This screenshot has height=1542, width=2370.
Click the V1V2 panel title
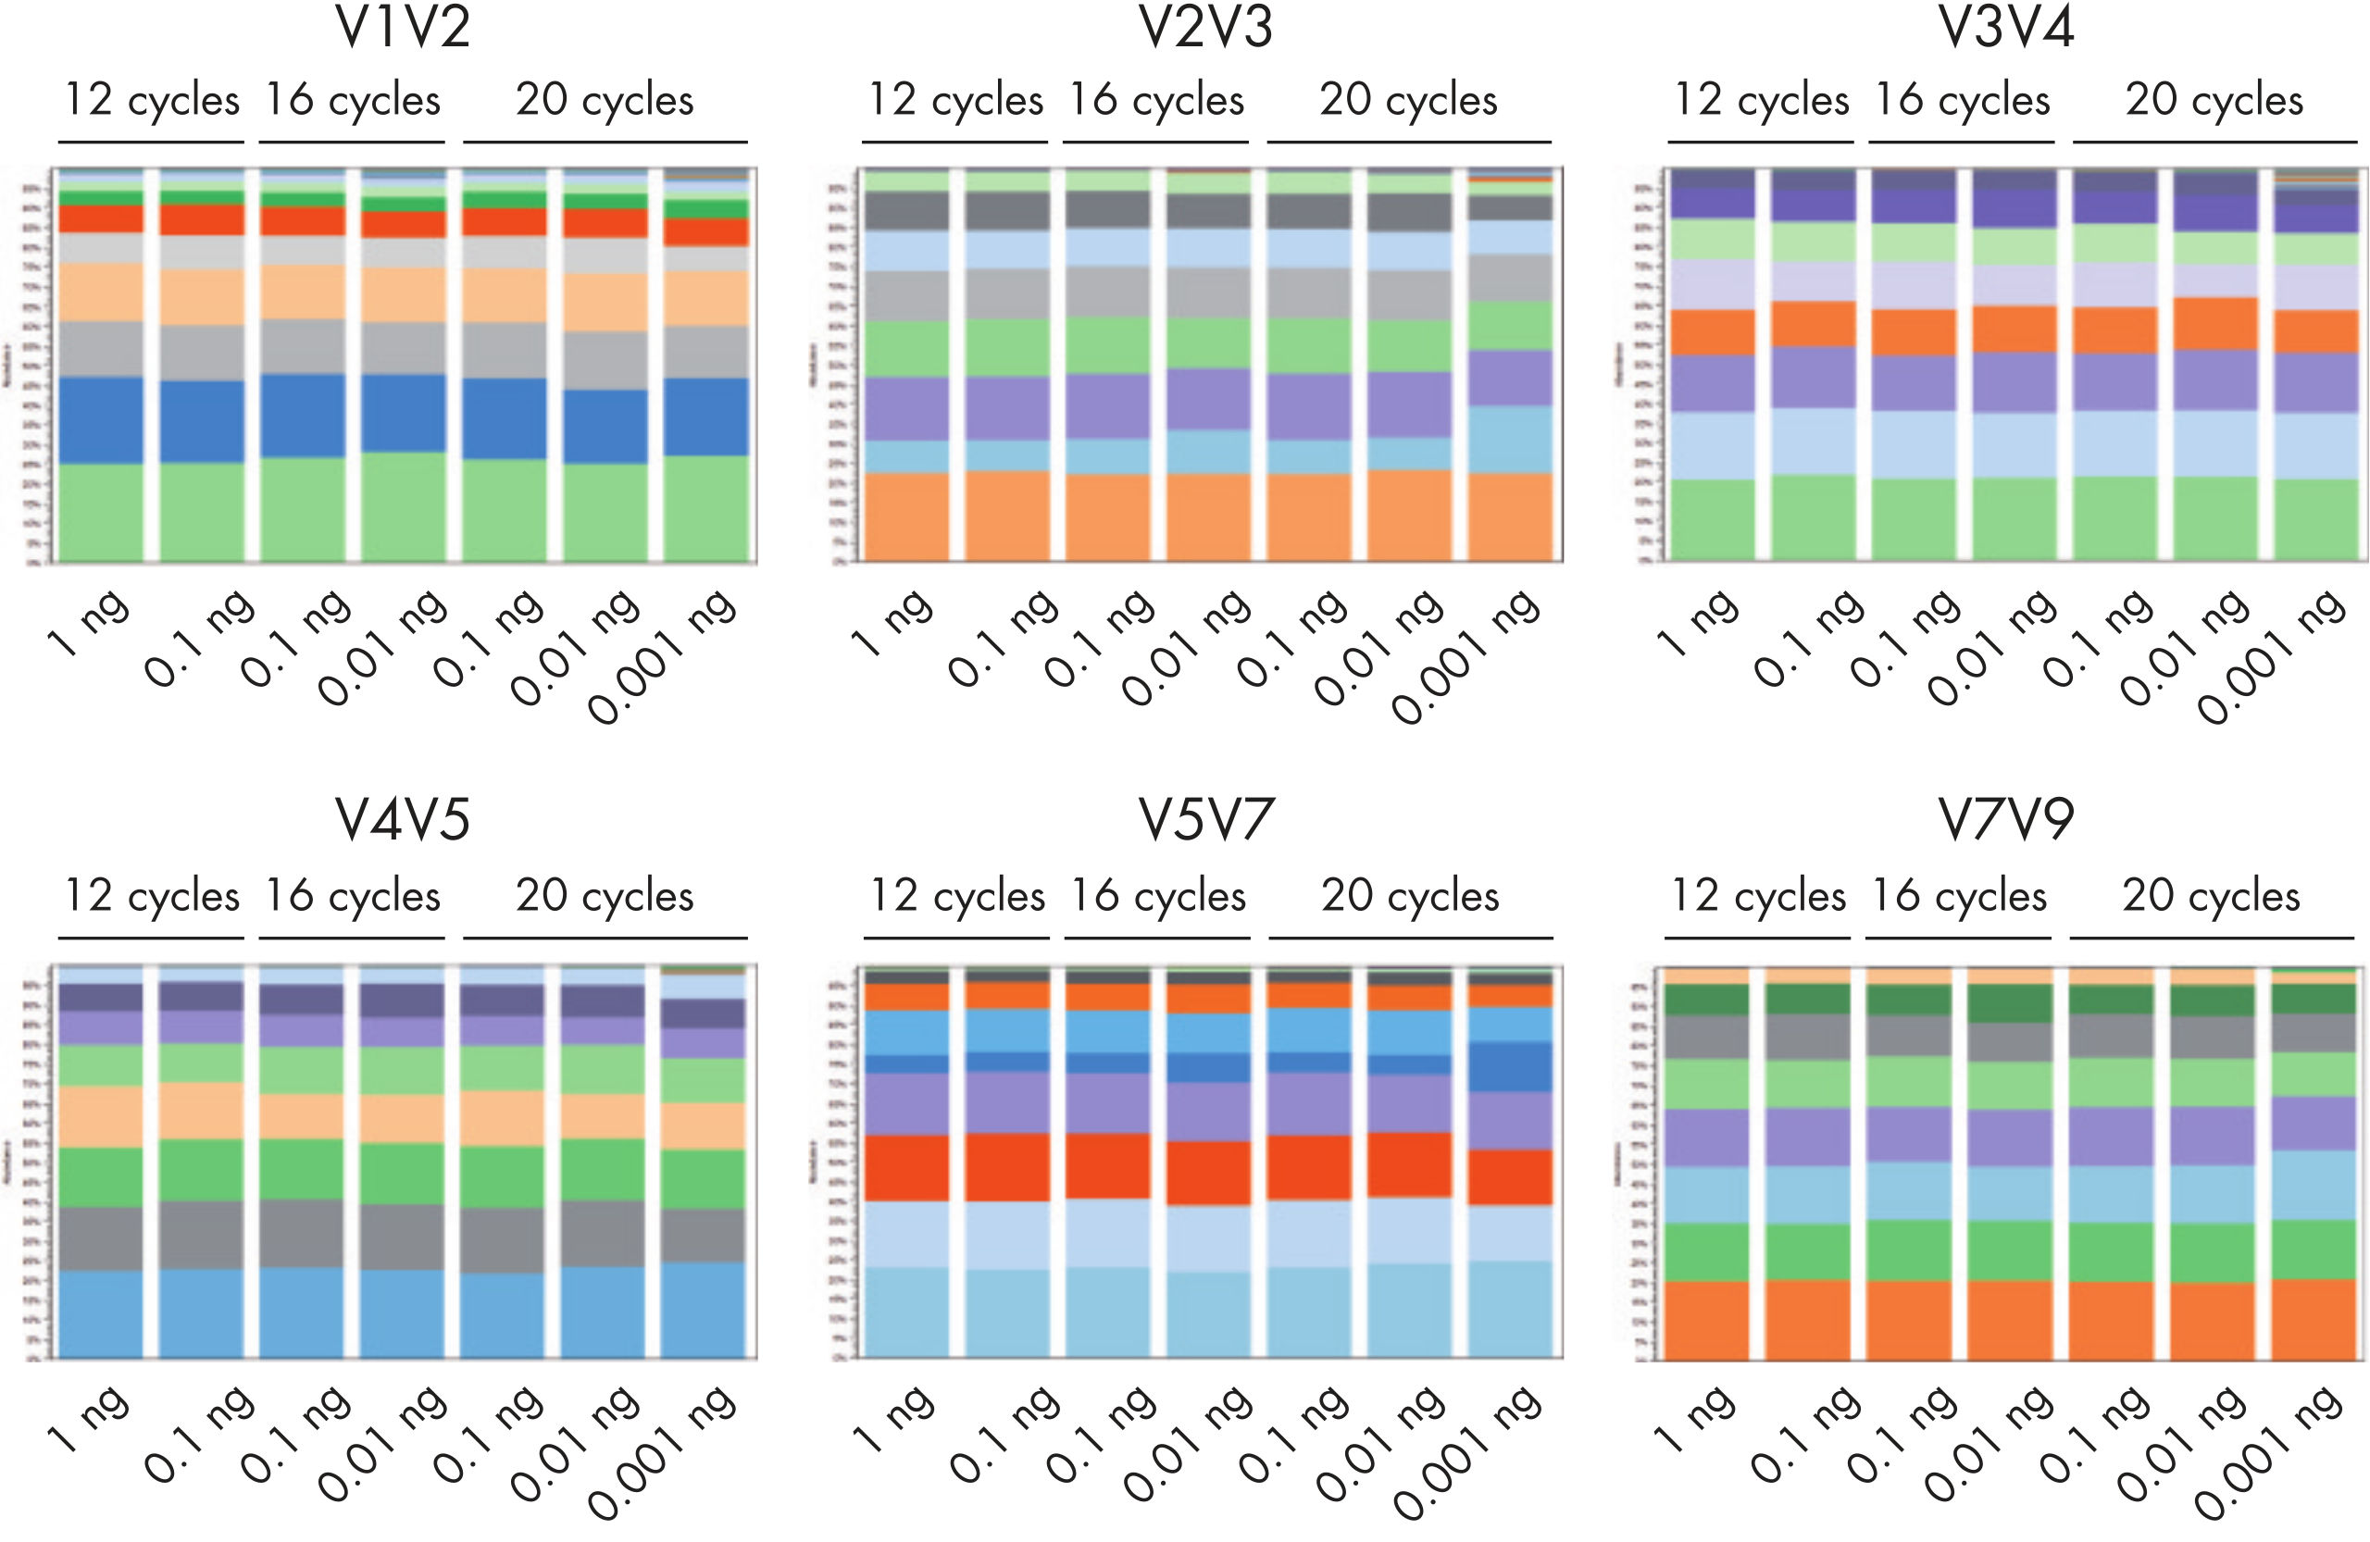point(403,27)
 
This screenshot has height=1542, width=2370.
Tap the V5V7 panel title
point(1206,821)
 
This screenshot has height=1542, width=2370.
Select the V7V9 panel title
point(2006,821)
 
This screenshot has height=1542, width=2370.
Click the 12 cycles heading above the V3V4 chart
point(1761,101)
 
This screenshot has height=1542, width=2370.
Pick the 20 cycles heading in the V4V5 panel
point(605,896)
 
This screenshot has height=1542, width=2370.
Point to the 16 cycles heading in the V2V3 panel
point(1156,101)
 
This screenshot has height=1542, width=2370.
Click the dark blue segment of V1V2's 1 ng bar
point(101,420)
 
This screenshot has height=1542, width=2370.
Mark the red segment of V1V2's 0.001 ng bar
point(705,232)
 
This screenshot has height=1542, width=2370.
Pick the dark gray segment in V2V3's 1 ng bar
point(906,211)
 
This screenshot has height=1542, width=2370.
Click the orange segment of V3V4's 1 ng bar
point(1712,332)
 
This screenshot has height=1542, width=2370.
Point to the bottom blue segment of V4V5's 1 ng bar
point(101,1313)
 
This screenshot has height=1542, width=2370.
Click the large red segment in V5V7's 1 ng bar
point(906,1168)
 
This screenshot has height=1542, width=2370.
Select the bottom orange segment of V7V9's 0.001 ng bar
point(2314,1318)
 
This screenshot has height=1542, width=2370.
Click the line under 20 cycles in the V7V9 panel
point(2212,938)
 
